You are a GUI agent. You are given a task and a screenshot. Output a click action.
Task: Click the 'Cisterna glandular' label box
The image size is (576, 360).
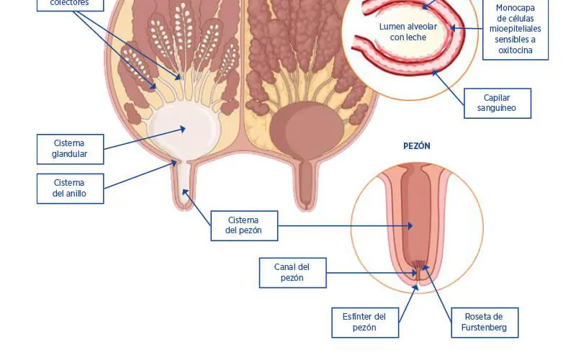(x=70, y=149)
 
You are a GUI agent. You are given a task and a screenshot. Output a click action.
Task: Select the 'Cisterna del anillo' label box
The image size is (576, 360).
(x=70, y=189)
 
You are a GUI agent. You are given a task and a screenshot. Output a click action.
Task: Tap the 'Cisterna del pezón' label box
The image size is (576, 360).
(x=244, y=226)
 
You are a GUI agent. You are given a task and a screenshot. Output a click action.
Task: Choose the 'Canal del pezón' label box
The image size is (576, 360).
(x=293, y=273)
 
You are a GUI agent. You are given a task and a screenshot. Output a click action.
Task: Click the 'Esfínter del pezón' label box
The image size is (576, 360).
(x=365, y=323)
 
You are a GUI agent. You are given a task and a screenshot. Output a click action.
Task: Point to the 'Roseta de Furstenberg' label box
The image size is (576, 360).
(x=485, y=323)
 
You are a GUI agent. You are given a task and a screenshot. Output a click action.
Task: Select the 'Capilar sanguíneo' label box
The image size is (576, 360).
(x=498, y=103)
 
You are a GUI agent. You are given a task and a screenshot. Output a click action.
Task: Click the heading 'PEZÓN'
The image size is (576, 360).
(x=417, y=146)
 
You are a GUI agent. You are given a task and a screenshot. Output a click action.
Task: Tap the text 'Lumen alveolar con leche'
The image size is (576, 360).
(x=408, y=32)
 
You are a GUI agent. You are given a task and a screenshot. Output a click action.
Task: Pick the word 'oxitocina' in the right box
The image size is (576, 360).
(x=516, y=50)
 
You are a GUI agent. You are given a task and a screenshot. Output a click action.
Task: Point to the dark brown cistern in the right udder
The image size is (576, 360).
(x=307, y=130)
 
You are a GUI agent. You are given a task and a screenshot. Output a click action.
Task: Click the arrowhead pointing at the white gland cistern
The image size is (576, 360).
(x=183, y=129)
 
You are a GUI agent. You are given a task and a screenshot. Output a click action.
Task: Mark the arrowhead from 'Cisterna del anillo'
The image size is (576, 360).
(x=174, y=162)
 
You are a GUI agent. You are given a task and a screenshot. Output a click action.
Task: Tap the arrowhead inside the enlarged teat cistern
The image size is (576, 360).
(x=410, y=226)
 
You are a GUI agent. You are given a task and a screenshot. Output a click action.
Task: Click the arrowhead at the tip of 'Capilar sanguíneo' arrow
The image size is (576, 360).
(x=435, y=73)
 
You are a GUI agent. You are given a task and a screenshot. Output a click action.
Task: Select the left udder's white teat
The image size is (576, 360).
(x=184, y=186)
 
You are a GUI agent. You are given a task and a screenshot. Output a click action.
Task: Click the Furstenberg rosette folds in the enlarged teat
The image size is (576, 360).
(x=418, y=265)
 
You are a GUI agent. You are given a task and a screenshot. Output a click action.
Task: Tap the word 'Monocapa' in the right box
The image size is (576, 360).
(x=516, y=8)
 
